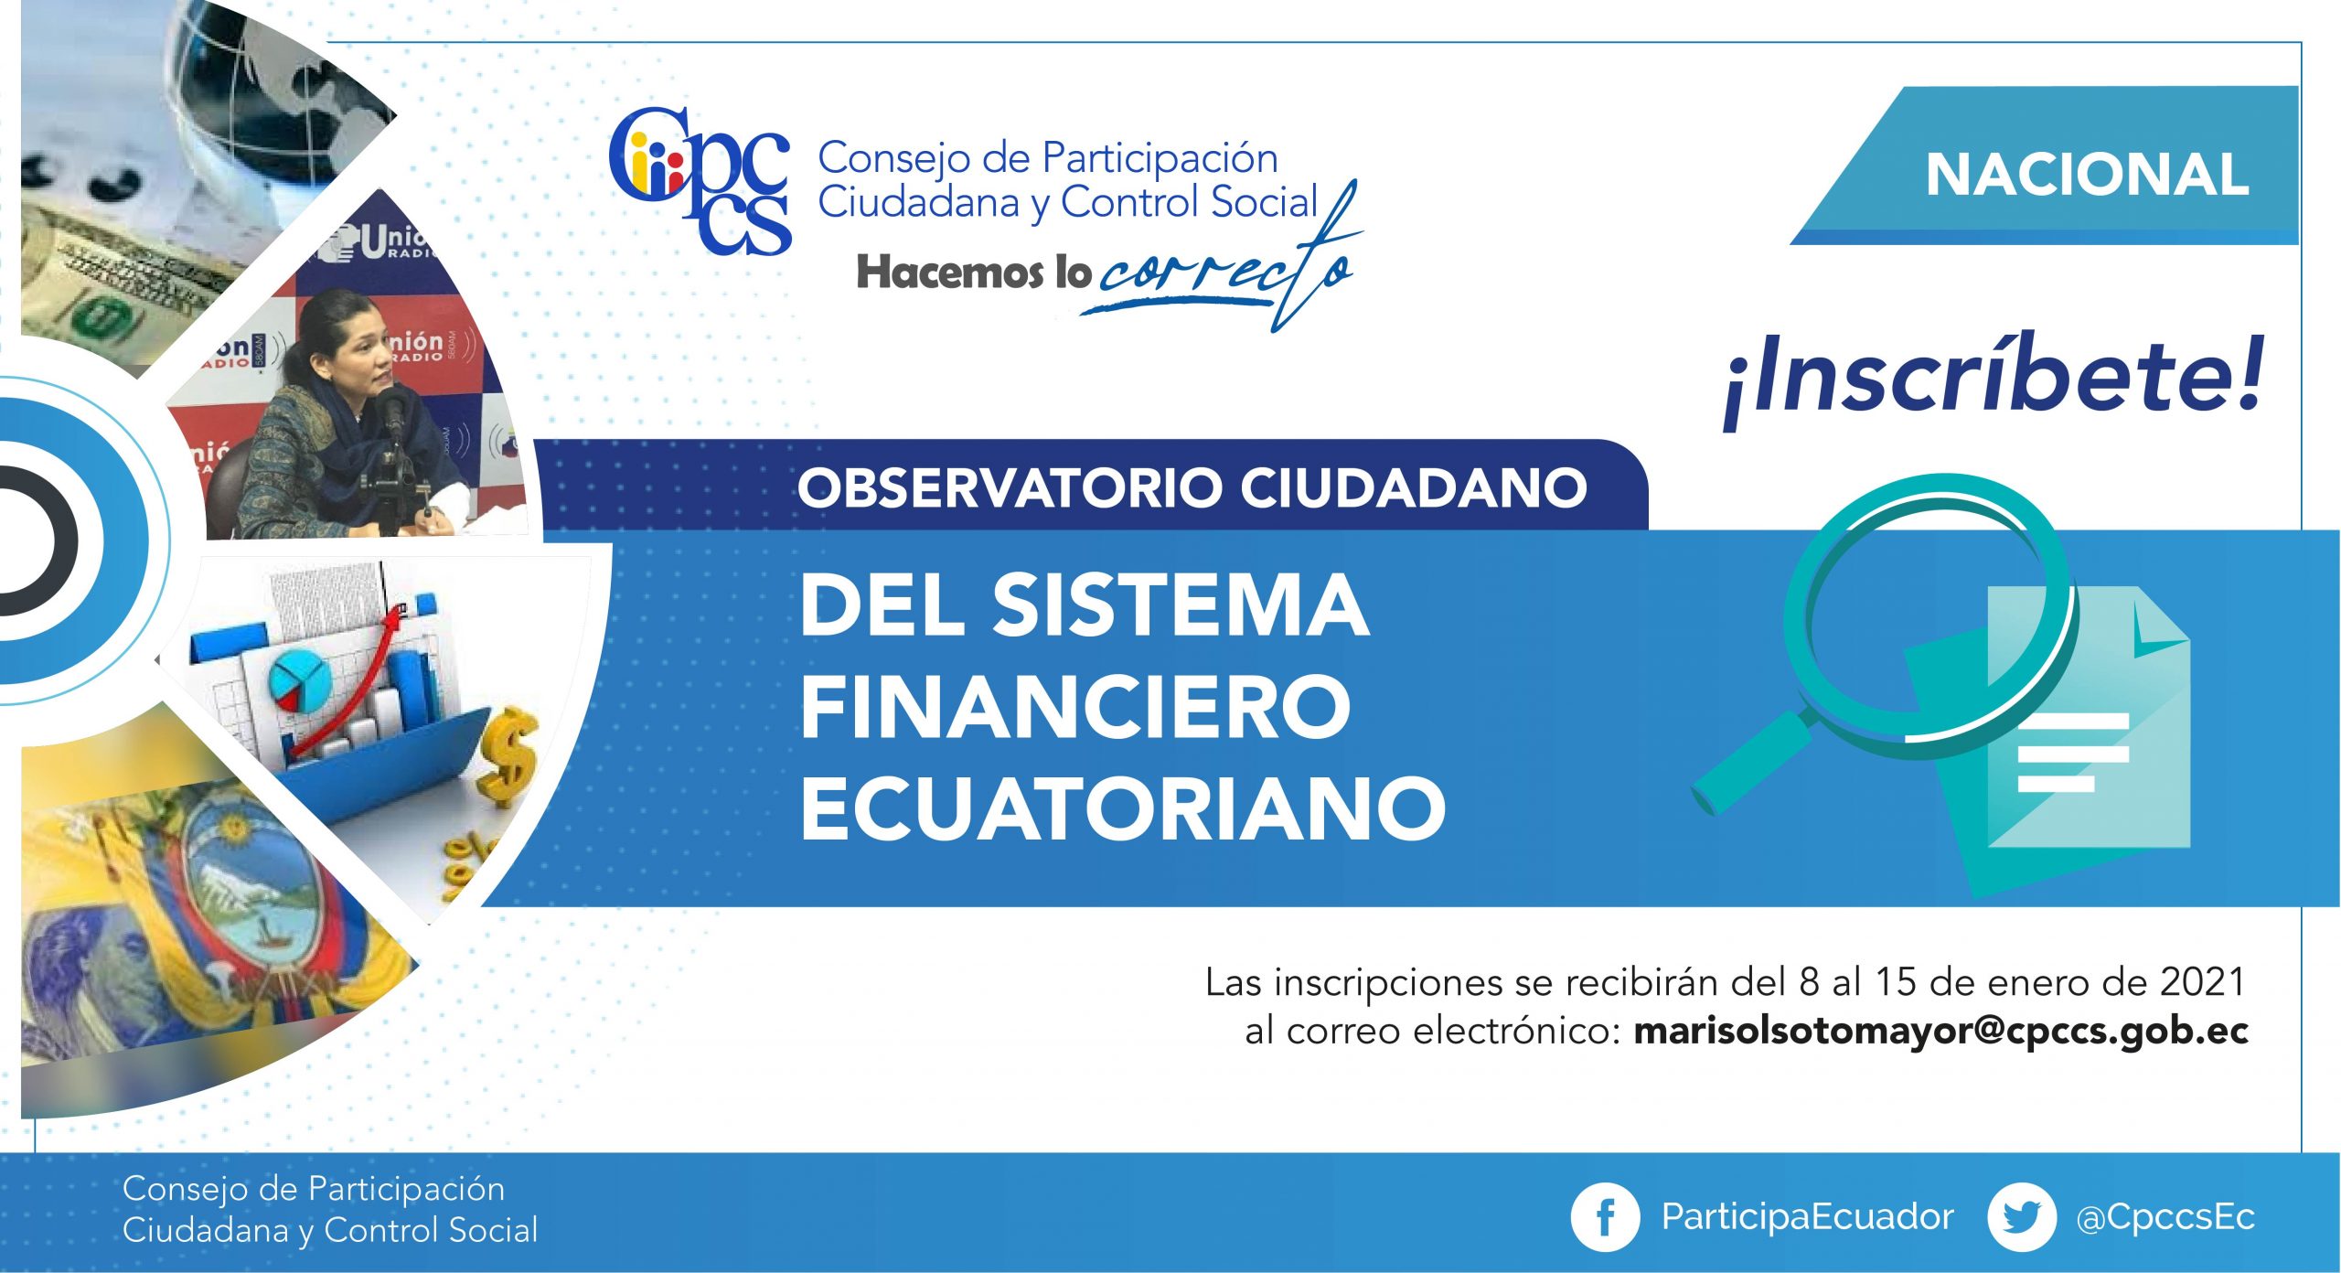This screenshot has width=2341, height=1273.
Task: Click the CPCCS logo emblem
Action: pos(700,180)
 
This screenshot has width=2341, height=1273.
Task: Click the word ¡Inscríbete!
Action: pos(1994,380)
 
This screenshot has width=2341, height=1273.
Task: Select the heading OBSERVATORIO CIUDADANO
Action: pos(1192,487)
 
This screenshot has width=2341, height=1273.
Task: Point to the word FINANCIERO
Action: pos(1075,706)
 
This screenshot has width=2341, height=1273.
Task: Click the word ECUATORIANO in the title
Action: pos(1123,808)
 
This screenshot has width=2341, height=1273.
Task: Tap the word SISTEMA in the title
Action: pos(1181,605)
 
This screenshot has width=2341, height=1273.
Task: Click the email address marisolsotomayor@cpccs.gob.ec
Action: pos(1940,1031)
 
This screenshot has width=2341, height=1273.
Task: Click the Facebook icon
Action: pos(1604,1217)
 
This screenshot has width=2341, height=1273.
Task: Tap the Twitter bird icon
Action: pos(2022,1217)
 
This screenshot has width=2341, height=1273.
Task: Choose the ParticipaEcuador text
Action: pos(1807,1217)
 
